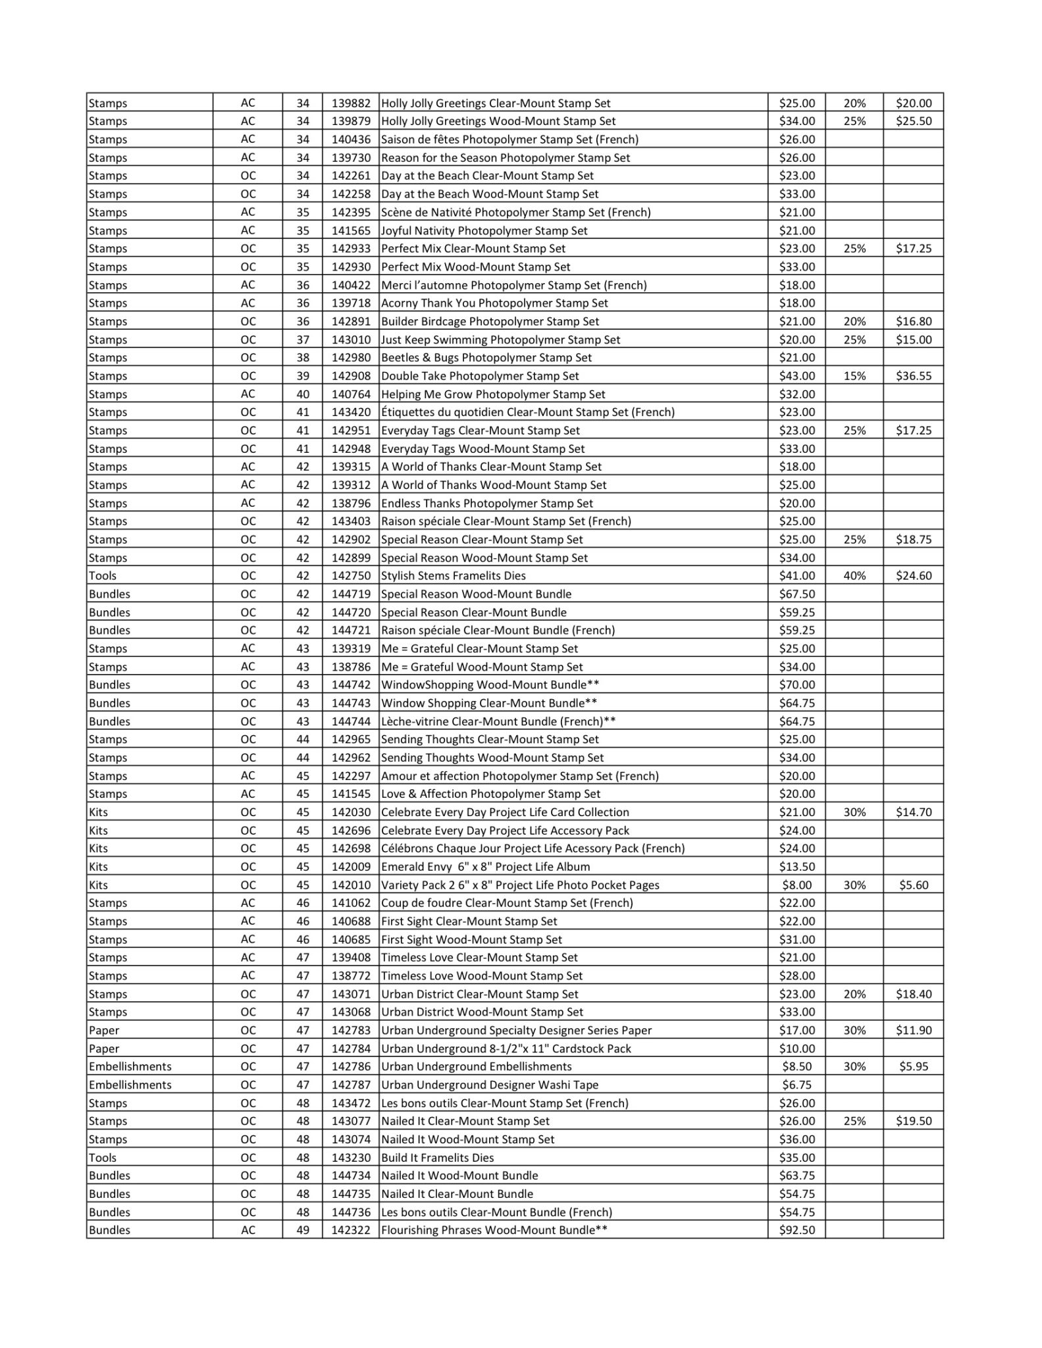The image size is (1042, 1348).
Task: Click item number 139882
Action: [x=351, y=103]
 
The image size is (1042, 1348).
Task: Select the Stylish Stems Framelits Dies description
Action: [x=454, y=576]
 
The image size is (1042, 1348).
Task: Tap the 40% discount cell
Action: [x=854, y=576]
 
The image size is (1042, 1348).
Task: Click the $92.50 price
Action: [x=796, y=1230]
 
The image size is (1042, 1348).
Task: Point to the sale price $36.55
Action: [x=913, y=376]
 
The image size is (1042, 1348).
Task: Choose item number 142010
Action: [x=351, y=885]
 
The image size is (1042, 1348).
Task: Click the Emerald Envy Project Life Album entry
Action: [x=485, y=867]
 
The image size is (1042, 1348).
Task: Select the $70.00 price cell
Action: [x=796, y=685]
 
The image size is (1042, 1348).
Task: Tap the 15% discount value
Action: [x=854, y=376]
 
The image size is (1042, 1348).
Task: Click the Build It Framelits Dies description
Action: [x=437, y=1158]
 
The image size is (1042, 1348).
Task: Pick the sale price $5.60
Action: [x=913, y=885]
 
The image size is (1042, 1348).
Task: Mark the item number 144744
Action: [x=351, y=721]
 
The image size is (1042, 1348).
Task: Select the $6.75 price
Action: [x=796, y=1085]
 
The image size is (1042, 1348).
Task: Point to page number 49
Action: [x=302, y=1230]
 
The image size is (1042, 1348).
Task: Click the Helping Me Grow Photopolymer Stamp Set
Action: [x=493, y=394]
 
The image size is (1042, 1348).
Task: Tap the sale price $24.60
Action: [x=913, y=576]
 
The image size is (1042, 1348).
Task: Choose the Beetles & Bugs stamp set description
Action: [x=486, y=358]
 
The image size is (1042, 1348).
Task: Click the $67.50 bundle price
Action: [x=796, y=594]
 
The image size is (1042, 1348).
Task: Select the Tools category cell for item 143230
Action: [x=103, y=1158]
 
